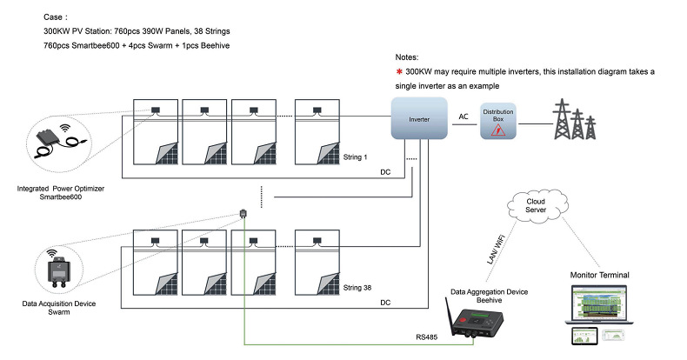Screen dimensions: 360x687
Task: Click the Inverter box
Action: [x=419, y=117]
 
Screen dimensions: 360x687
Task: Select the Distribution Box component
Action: [x=498, y=122]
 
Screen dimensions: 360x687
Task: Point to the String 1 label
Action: [x=356, y=158]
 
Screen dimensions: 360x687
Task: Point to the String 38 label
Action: [x=357, y=286]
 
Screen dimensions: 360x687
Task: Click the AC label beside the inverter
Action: [x=464, y=117]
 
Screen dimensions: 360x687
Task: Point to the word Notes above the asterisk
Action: [x=409, y=55]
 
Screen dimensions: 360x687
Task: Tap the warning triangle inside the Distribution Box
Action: [x=498, y=129]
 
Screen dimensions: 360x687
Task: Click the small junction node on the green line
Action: [x=243, y=213]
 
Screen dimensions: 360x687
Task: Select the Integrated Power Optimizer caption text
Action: [x=59, y=188]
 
